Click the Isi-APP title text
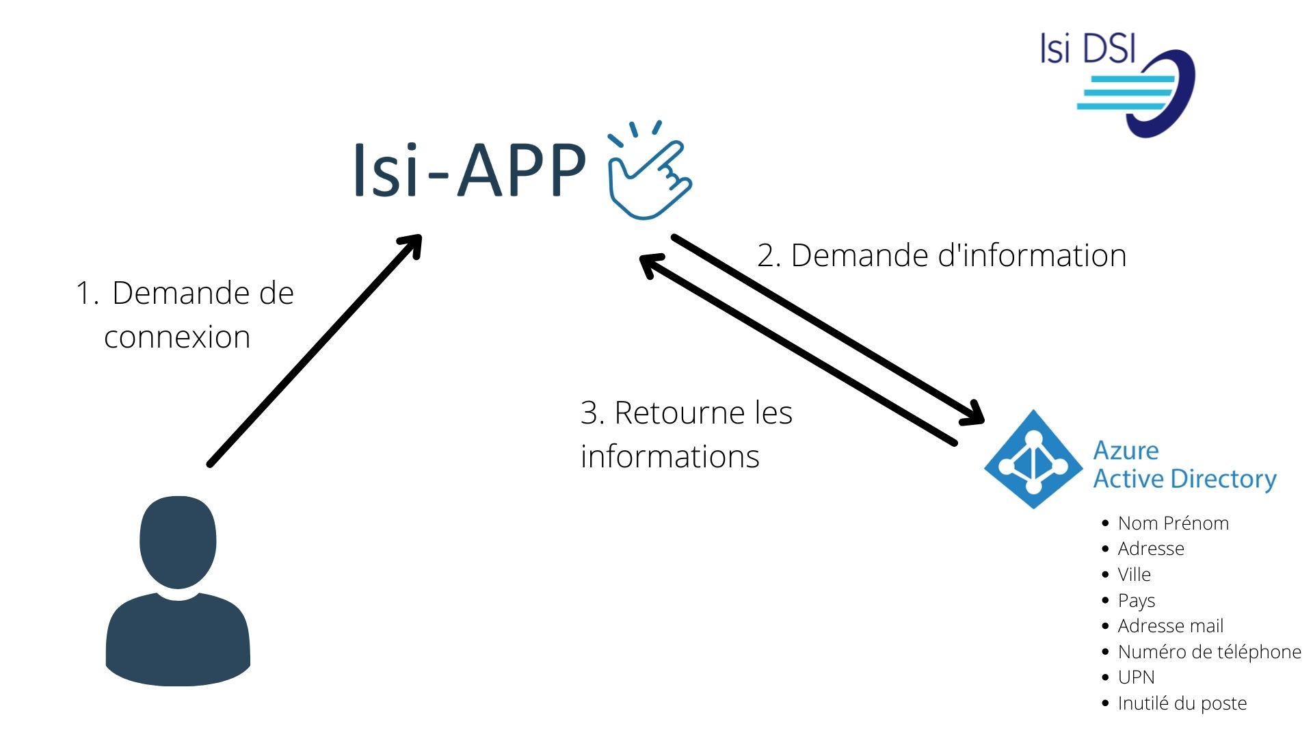(x=469, y=170)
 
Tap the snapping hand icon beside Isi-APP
(x=649, y=172)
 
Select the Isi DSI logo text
(x=1087, y=49)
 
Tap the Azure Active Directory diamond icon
(x=1033, y=460)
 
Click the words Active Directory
(x=1184, y=479)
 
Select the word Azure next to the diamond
(x=1126, y=450)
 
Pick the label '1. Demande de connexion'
(x=185, y=315)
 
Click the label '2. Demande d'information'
(x=941, y=256)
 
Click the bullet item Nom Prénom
(x=1173, y=523)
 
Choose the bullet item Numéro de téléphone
(x=1208, y=652)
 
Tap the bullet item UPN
(x=1136, y=677)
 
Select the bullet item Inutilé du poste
(x=1182, y=703)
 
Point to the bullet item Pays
(x=1136, y=601)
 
